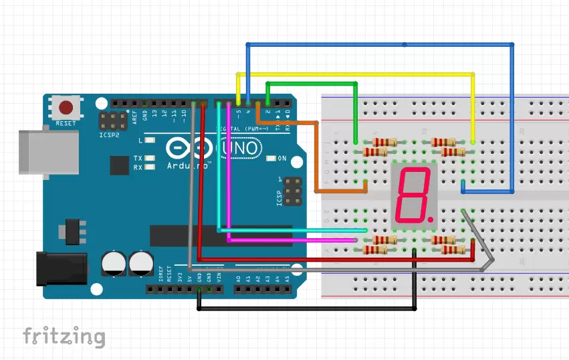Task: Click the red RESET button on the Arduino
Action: point(66,107)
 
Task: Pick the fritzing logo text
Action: point(64,336)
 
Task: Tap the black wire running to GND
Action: point(308,309)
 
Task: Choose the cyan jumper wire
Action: point(288,230)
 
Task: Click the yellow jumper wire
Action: point(354,73)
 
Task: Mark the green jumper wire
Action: point(312,84)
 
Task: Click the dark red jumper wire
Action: point(334,258)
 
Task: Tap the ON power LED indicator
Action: point(271,159)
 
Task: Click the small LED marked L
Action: point(150,141)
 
